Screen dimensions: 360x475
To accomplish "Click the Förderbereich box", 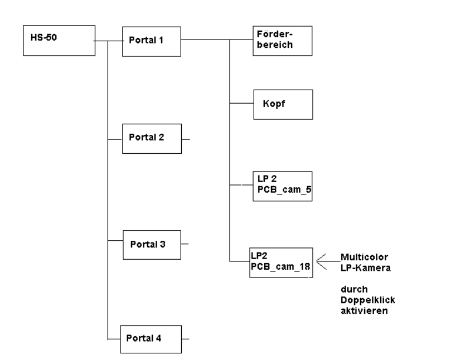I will coord(282,41).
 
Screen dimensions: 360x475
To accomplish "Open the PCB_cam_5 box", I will coord(282,186).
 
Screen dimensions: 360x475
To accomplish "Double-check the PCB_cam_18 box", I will coord(282,262).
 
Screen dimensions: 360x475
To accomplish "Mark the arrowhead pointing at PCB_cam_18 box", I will coord(320,261).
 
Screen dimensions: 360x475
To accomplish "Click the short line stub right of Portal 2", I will coord(186,139).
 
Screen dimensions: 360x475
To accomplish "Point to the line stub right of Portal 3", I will coord(186,244).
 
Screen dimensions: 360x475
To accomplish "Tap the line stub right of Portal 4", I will coord(186,338).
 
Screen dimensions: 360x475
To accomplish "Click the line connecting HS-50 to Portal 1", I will coord(109,40).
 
